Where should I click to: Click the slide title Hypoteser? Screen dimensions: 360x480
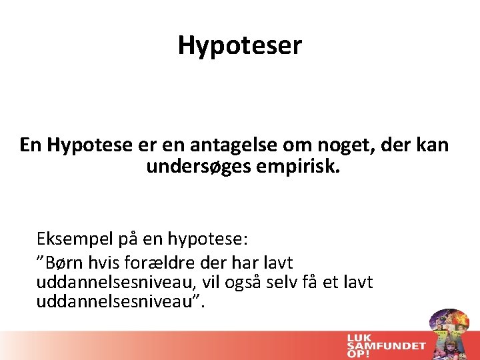240,45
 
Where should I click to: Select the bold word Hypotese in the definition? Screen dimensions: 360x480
84,145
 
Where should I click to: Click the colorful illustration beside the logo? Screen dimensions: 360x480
449,333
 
